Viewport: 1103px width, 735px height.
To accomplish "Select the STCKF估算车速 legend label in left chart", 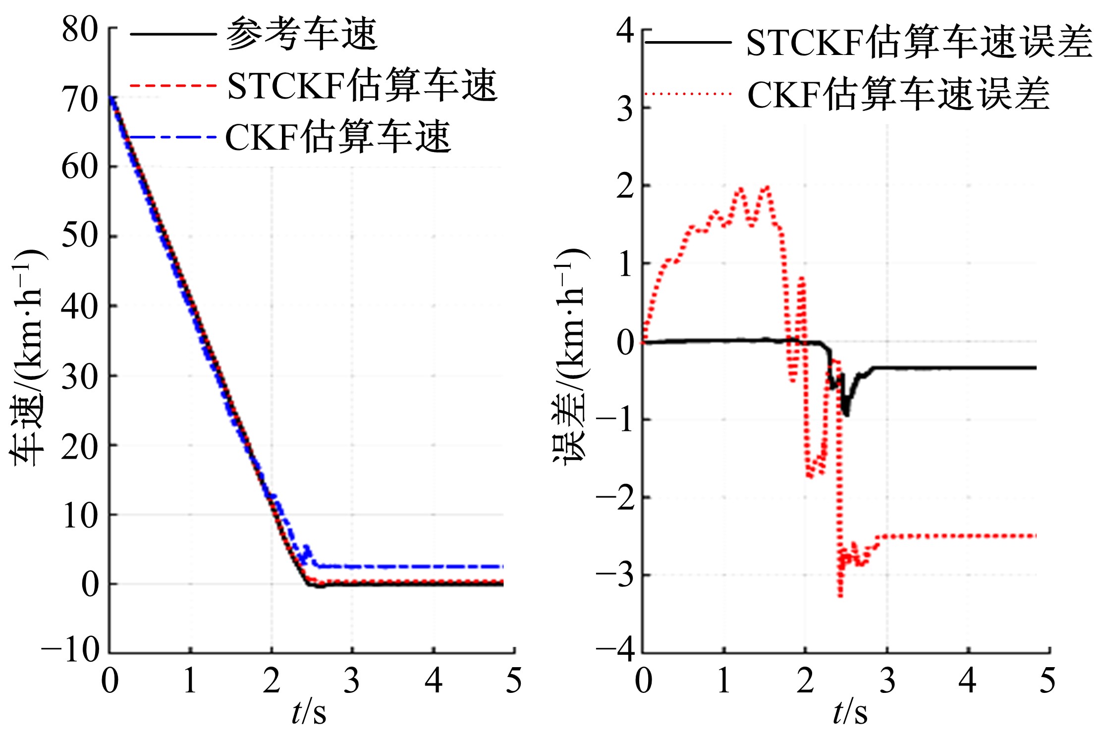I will coord(362,86).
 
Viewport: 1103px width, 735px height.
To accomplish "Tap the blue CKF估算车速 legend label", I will coord(338,137).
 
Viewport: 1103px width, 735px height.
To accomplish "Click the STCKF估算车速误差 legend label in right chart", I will coord(919,43).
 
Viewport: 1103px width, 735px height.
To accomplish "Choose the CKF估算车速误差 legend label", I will coord(898,94).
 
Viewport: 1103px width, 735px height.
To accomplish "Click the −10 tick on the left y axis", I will coord(71,650).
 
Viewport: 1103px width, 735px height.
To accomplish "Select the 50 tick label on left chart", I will coord(80,236).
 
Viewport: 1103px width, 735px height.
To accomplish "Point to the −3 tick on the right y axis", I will coord(615,576).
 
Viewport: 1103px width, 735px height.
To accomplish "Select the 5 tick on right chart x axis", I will coord(1048,680).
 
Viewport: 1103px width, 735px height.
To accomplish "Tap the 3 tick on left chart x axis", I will coord(352,680).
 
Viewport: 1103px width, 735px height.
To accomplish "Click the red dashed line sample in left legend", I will coord(173,86).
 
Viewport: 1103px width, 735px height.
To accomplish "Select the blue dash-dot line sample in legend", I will coord(173,137).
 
